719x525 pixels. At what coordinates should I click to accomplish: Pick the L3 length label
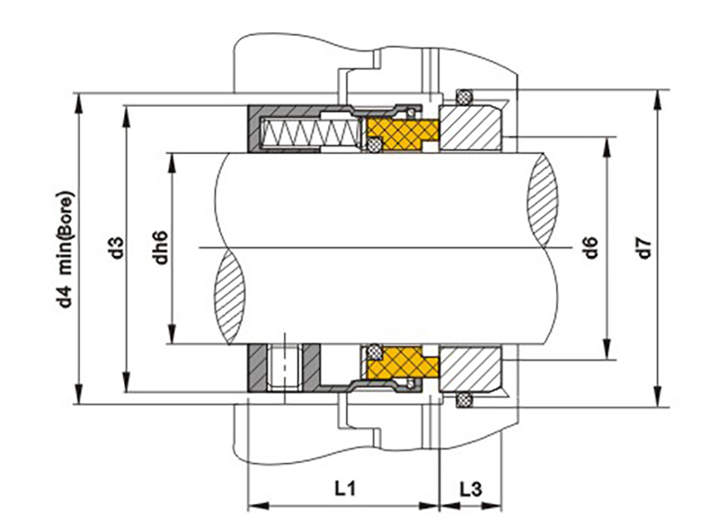[470, 489]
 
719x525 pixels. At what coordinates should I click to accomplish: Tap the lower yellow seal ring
[401, 363]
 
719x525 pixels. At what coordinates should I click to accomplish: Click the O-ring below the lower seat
[464, 398]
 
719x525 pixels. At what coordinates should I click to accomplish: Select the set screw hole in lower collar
[283, 369]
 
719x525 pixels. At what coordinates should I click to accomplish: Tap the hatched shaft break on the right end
[545, 201]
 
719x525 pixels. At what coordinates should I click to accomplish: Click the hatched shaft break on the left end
[228, 293]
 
